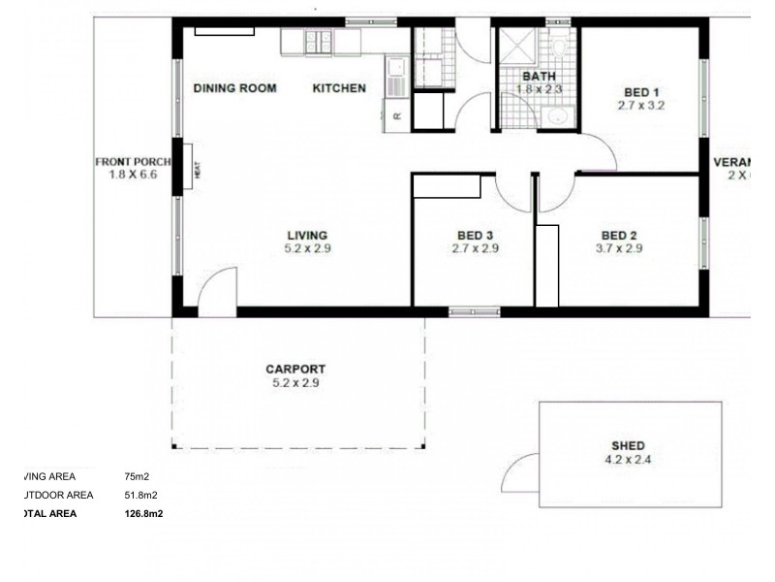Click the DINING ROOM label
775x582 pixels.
click(x=234, y=88)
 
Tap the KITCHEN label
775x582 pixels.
click(x=339, y=88)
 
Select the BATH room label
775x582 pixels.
click(x=538, y=76)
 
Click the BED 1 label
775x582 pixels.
click(x=641, y=92)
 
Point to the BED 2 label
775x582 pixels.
click(x=619, y=235)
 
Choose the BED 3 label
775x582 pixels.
click(x=475, y=235)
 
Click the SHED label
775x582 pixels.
click(x=628, y=446)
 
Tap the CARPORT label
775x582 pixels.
click(x=295, y=369)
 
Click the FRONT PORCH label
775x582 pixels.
click(x=133, y=162)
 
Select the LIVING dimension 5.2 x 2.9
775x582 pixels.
click(x=306, y=248)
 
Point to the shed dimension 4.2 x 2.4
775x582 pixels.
click(x=628, y=460)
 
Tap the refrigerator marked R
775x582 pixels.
click(x=397, y=116)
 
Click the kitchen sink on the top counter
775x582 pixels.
click(x=319, y=42)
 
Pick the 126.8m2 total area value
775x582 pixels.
click(x=141, y=514)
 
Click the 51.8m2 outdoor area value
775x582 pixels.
click(x=140, y=495)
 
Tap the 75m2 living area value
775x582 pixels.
click(x=137, y=476)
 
